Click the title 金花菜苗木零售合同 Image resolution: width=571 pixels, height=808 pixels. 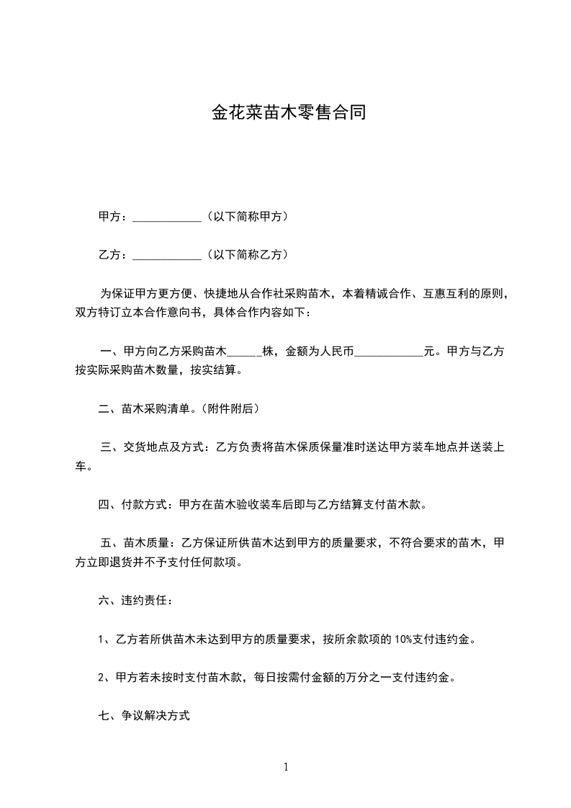[288, 113]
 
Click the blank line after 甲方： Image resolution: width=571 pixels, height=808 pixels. [168, 217]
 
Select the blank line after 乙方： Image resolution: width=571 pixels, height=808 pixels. [168, 255]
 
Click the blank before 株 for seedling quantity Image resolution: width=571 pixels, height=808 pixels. [244, 353]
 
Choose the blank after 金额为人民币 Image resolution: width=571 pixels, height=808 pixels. [390, 353]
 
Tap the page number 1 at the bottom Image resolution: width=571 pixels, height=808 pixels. [286, 768]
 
